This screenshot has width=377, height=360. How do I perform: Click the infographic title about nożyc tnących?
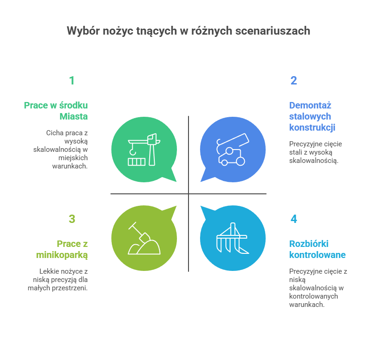188,31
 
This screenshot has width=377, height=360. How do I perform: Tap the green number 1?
72,81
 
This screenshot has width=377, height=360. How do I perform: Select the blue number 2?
293,81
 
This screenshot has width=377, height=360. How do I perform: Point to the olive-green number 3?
72,219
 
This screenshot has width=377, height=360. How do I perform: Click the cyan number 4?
293,219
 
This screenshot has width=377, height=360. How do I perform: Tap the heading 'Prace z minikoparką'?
62,249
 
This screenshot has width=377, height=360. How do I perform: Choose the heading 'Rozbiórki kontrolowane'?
317,249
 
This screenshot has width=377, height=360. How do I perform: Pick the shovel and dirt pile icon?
144,239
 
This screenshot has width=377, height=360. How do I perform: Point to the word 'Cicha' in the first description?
55,133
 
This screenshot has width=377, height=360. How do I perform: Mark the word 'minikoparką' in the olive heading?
62,255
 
